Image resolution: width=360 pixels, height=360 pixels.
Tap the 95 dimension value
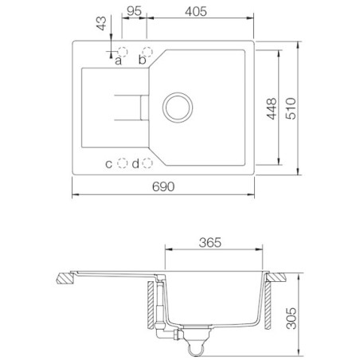tap(134, 11)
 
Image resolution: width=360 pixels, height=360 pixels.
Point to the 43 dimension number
tap(101, 24)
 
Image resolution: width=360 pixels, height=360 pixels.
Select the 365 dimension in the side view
tap(209, 242)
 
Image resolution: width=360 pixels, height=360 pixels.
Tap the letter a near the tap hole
tap(119, 60)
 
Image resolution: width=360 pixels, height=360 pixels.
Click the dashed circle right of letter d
tap(147, 163)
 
